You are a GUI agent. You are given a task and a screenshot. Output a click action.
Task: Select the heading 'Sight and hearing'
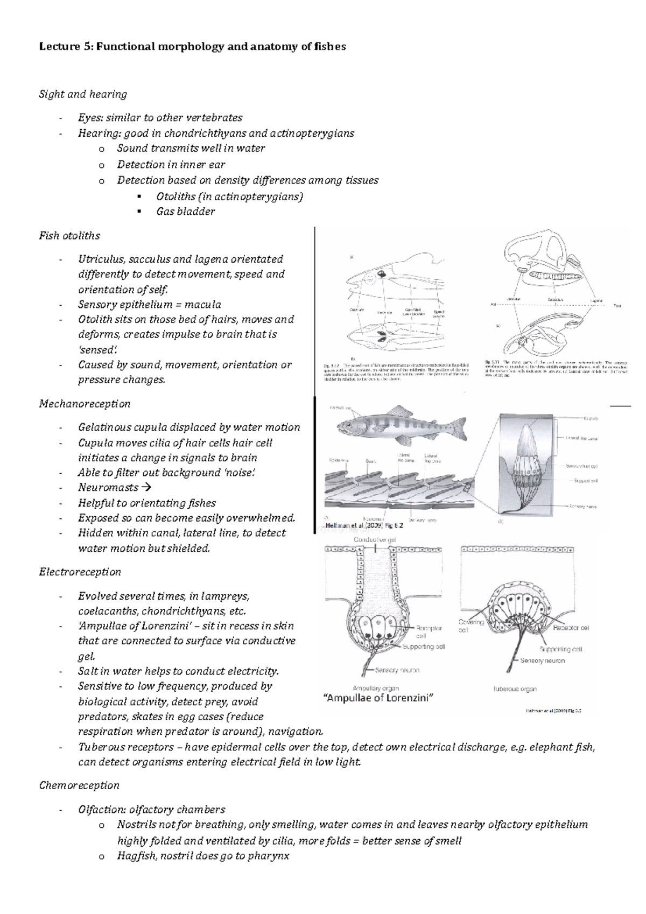point(83,94)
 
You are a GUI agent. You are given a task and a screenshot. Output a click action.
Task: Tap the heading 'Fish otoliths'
point(69,235)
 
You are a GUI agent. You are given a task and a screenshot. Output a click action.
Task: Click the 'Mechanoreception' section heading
point(85,403)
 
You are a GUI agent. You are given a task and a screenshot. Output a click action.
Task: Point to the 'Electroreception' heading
point(80,572)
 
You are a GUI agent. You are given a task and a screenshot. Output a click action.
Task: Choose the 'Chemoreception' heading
point(79,785)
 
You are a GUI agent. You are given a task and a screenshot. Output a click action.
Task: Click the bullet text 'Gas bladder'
point(185,212)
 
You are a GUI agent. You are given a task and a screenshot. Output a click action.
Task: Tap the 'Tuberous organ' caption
point(515,688)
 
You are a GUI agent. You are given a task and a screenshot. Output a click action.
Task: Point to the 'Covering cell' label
point(471,625)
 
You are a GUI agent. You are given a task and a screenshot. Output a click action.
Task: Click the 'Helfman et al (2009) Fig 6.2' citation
point(364,526)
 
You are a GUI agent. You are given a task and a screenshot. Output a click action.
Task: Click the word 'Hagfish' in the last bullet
point(135,855)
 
